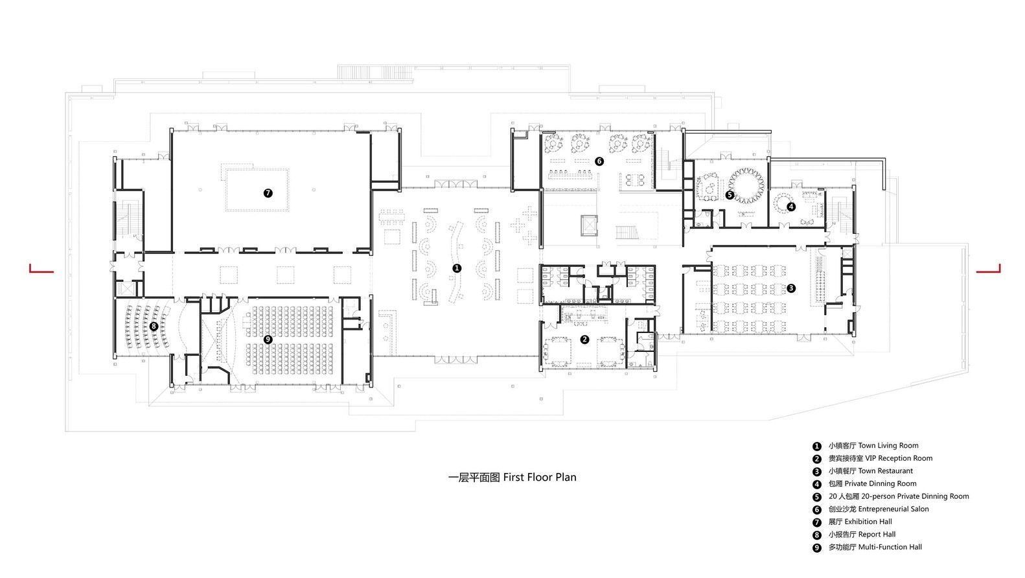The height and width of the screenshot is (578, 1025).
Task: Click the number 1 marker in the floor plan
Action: click(457, 268)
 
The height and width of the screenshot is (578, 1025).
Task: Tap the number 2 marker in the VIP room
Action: click(584, 340)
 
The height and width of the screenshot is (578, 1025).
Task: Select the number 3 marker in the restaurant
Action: click(790, 288)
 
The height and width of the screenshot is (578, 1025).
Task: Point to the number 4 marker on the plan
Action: click(791, 207)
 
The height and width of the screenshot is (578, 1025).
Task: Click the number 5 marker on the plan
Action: click(730, 195)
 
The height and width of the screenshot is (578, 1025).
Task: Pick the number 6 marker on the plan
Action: click(599, 161)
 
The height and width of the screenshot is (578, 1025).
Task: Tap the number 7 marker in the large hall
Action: click(268, 193)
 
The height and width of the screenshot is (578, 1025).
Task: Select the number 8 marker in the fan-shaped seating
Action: click(154, 327)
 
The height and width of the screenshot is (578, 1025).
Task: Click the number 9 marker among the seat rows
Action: click(268, 340)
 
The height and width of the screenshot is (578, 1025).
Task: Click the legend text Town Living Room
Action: click(888, 446)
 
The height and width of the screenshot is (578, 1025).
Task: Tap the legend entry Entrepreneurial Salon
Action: click(893, 509)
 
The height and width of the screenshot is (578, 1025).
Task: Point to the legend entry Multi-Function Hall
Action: click(890, 547)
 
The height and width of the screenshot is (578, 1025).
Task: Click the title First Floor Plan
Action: click(540, 478)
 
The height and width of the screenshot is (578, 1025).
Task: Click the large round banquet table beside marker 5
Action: click(746, 186)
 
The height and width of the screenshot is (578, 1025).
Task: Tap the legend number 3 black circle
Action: click(817, 471)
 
